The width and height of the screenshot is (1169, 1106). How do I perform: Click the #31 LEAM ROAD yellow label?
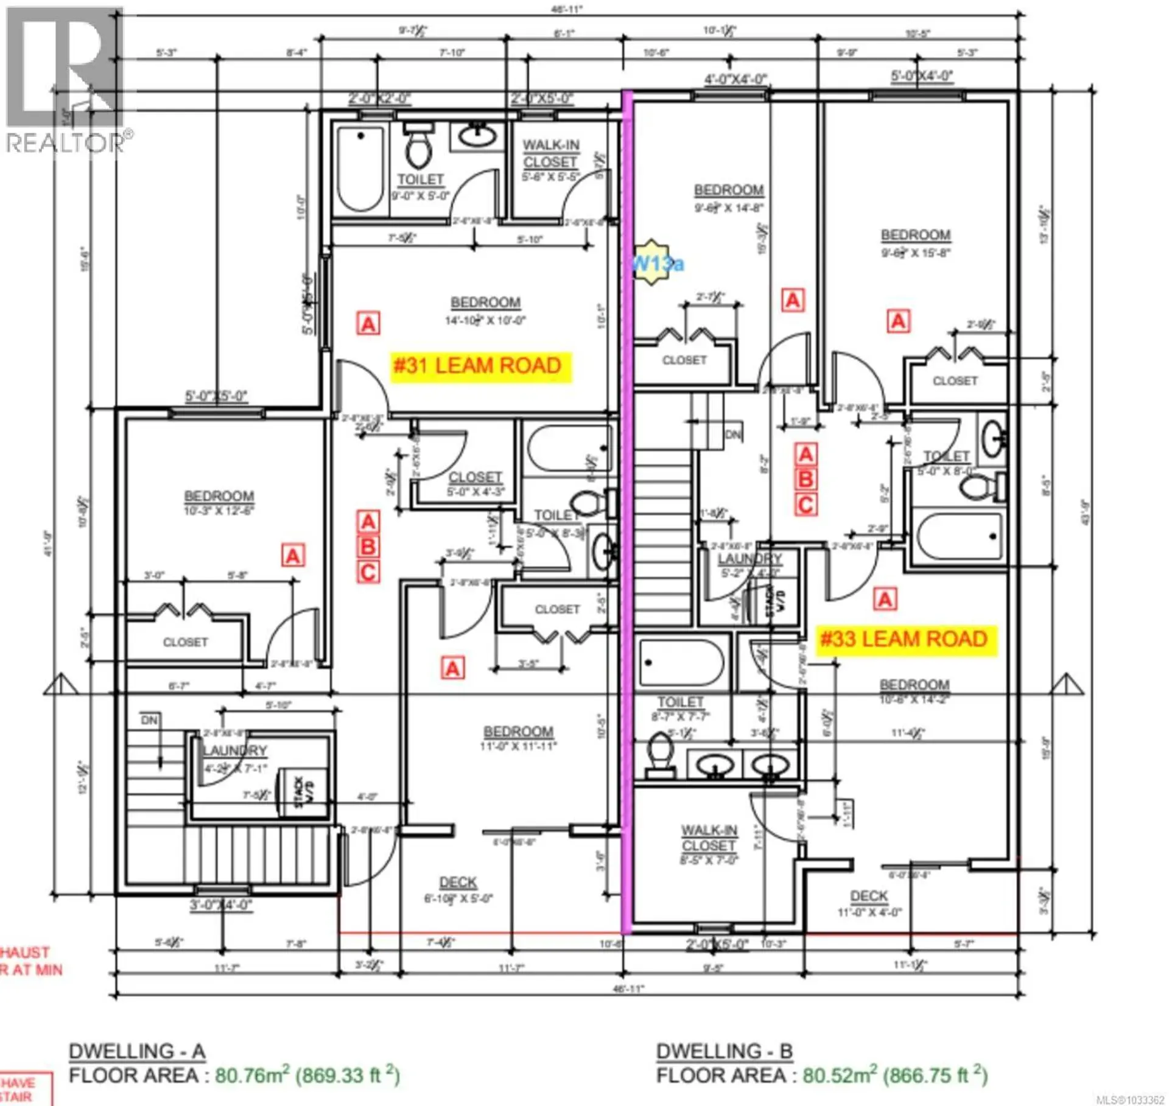pos(480,366)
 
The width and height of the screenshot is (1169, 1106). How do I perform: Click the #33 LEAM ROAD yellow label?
pos(905,640)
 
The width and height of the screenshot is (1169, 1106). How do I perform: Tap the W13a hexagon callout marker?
pos(653,262)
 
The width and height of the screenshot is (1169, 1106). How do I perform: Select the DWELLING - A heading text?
pos(137,1051)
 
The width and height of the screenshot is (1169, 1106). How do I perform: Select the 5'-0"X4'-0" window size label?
pos(922,76)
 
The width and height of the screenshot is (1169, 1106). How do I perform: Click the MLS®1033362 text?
pos(1129,1100)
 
